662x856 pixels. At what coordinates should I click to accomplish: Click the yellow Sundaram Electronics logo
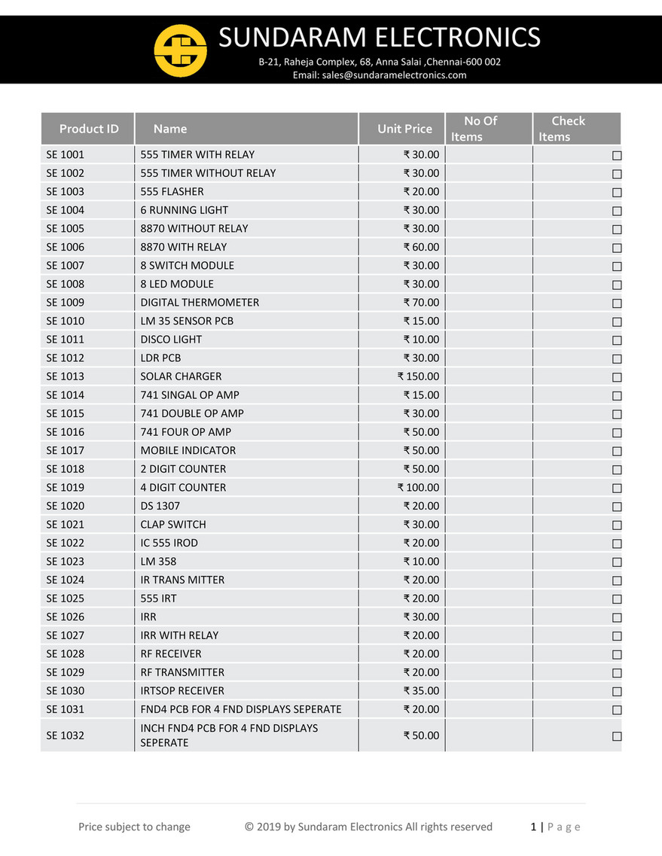[x=180, y=50]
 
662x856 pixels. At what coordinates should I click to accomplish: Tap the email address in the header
[x=380, y=75]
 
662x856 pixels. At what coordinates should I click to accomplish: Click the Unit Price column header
[x=404, y=129]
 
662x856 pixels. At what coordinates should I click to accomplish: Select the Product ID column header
[x=89, y=129]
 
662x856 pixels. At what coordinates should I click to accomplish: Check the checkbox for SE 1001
[x=617, y=155]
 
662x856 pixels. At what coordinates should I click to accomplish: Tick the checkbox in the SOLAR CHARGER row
[x=617, y=377]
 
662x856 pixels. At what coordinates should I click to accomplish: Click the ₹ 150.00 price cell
[x=418, y=376]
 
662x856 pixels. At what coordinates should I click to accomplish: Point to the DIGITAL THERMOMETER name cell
[x=200, y=303]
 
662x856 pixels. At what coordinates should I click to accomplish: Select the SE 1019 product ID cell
[x=66, y=487]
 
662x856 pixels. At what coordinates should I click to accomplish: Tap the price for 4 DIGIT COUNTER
[x=418, y=487]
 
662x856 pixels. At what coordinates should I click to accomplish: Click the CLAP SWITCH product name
[x=173, y=524]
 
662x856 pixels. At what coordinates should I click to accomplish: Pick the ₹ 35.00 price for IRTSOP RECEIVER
[x=421, y=690]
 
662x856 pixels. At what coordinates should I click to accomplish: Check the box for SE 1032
[x=617, y=736]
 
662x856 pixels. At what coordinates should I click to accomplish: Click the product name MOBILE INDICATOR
[x=188, y=450]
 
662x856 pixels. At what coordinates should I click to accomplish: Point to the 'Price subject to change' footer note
[x=134, y=827]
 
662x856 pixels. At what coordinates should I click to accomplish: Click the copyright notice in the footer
[x=368, y=827]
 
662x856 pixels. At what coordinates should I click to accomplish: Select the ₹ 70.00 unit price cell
[x=421, y=303]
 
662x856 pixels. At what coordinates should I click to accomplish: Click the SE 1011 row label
[x=66, y=340]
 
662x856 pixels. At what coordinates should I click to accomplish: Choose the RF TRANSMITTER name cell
[x=182, y=672]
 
